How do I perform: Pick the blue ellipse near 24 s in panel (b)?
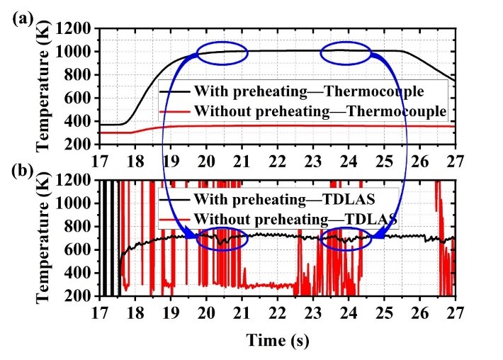346,239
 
